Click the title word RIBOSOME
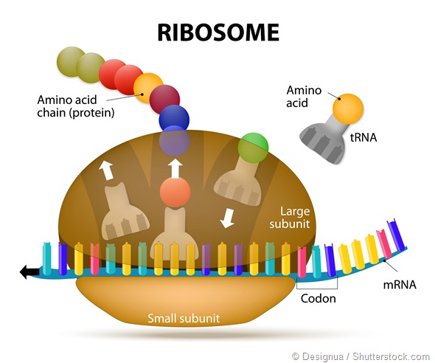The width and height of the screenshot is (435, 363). point(217,32)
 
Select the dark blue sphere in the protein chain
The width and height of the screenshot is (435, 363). point(174,118)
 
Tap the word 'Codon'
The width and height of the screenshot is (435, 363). point(319,299)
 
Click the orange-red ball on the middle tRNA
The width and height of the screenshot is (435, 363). point(175,194)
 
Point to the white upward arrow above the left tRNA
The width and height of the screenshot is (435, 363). point(108,170)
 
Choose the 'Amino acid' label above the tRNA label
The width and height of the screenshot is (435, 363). point(304,95)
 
